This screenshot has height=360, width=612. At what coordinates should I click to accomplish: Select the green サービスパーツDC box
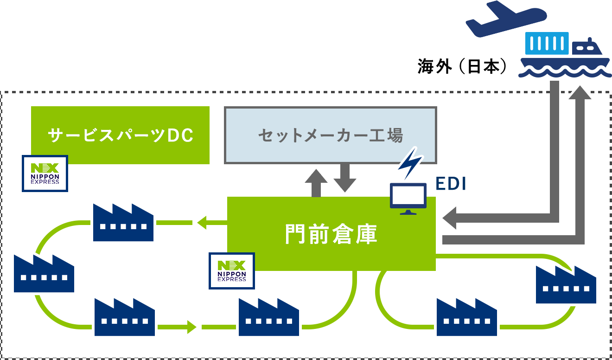pos(120,135)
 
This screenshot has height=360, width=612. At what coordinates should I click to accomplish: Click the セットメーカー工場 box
pos(330,135)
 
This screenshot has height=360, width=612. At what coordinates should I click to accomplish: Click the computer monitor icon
pos(408,199)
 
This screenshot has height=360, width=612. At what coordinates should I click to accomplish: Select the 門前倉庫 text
pos(331,234)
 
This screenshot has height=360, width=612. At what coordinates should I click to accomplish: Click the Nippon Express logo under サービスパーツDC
pos(45,174)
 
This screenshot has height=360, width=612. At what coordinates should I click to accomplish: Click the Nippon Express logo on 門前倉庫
pos(232,271)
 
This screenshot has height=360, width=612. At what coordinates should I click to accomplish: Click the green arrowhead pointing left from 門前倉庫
pos(202,223)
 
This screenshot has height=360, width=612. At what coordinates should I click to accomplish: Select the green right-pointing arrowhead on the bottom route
pos(191,327)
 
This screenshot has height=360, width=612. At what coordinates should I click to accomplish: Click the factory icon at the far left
pos(44,274)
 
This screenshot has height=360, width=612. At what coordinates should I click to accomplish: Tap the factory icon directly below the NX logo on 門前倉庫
pos(269,317)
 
